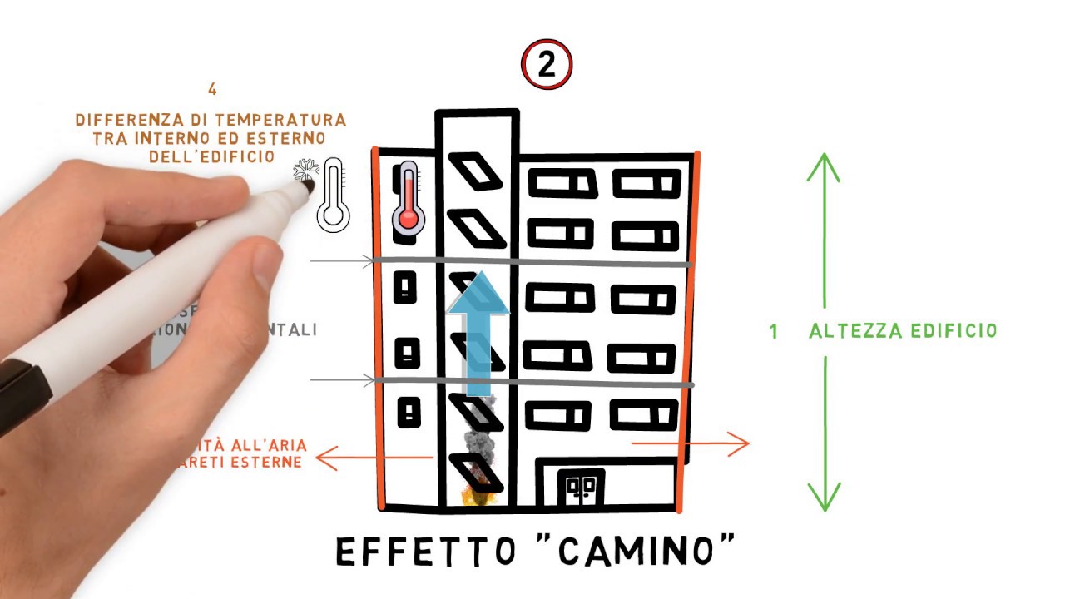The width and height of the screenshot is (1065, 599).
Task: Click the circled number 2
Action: point(547,66)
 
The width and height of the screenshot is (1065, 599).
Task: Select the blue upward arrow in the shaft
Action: point(478,333)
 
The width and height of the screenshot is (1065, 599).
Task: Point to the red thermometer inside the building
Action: point(408,197)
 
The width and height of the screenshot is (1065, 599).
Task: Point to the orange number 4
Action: point(213,89)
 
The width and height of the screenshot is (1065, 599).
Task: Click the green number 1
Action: point(774,332)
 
